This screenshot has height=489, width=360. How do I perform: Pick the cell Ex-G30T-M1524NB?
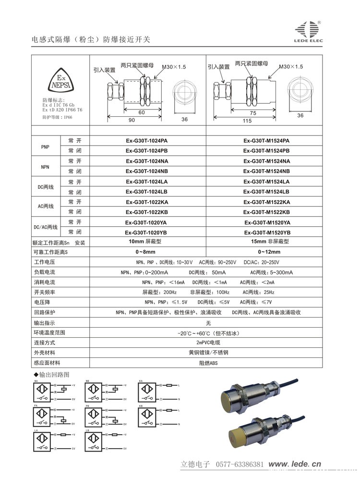(x=266, y=171)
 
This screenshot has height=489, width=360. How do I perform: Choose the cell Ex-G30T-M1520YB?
(x=267, y=232)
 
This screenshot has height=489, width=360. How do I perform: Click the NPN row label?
(x=46, y=166)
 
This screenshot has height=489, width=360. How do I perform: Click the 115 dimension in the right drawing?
(x=247, y=121)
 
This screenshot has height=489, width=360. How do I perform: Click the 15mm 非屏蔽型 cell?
(x=267, y=242)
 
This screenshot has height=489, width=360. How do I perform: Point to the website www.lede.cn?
(x=294, y=464)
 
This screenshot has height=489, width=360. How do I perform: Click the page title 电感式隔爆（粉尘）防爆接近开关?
(x=91, y=39)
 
